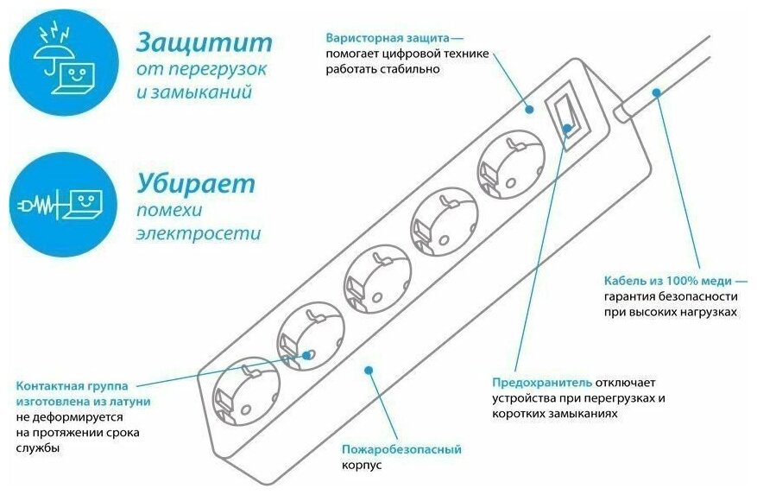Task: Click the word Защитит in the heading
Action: (x=205, y=42)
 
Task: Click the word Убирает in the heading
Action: (x=196, y=183)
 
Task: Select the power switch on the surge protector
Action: (x=568, y=113)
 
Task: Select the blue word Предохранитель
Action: (x=542, y=382)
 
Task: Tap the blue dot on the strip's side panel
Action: (x=369, y=370)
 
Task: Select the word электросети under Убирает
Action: (x=199, y=233)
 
